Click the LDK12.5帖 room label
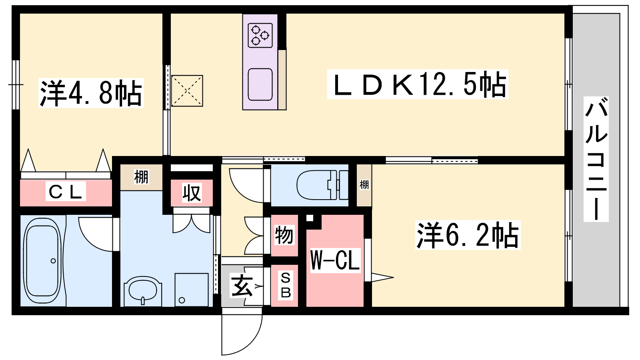point(418,84)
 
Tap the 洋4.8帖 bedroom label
point(91,93)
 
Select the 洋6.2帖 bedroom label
point(468,235)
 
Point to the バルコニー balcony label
point(596,159)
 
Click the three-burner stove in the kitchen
point(260,36)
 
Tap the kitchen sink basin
point(260,84)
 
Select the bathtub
point(42,260)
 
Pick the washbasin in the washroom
point(143,290)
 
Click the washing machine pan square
point(192,290)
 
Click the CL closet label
point(66,192)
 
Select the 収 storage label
point(192,192)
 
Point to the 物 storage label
point(284,235)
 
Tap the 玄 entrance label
point(242,286)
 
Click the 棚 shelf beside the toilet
point(364,185)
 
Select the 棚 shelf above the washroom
point(141,177)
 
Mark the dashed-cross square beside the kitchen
point(187,91)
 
